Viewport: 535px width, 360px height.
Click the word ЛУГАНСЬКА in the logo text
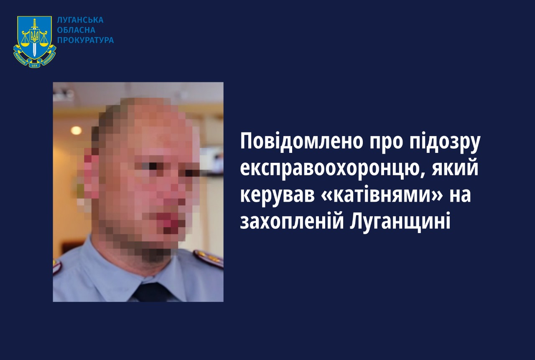pos(80,20)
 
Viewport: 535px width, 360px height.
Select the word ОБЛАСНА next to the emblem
pos(76,30)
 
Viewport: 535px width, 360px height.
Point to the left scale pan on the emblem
pos(24,44)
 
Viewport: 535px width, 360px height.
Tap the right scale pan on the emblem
pos(43,44)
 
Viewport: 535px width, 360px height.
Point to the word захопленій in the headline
pos(292,221)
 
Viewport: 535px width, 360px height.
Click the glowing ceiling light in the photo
pos(76,130)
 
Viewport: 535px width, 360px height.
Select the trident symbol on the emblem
pos(34,36)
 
